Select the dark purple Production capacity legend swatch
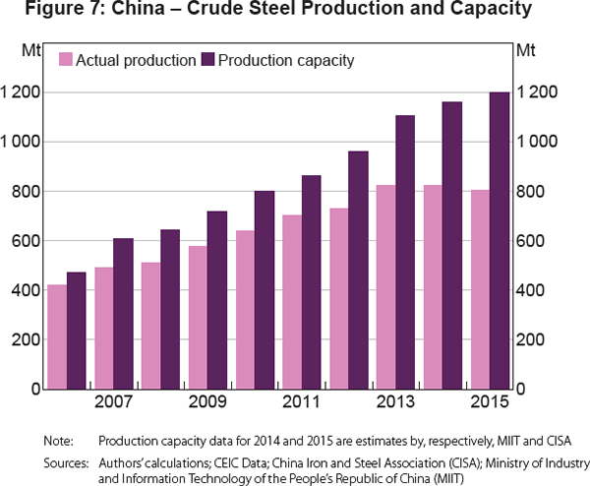tap(206, 60)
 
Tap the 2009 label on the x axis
tap(206, 402)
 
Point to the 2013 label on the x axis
tap(393, 402)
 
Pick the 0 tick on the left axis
tap(33, 390)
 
